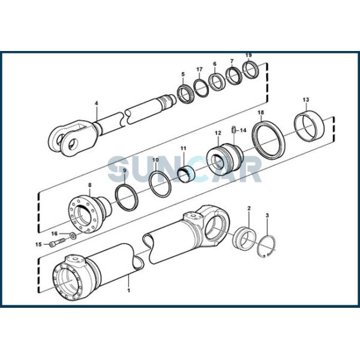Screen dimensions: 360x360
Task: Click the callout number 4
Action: click(x=95, y=103)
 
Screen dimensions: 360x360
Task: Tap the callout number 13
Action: click(x=306, y=99)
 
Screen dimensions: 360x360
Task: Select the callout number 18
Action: click(x=260, y=112)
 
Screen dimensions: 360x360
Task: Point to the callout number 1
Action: click(x=127, y=290)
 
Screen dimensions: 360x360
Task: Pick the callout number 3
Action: click(x=267, y=215)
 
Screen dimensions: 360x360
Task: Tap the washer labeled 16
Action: click(x=73, y=234)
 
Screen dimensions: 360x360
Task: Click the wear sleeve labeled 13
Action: click(x=313, y=127)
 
